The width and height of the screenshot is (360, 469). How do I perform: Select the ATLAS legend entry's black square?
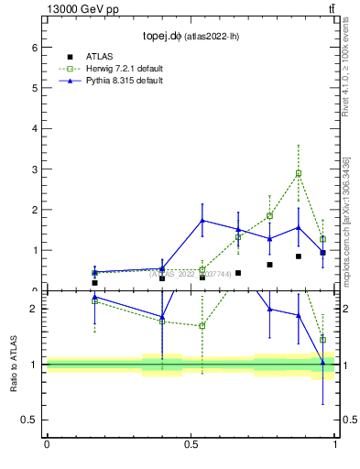(70, 57)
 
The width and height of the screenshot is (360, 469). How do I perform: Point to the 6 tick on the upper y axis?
(36, 48)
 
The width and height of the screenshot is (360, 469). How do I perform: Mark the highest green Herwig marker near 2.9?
(299, 173)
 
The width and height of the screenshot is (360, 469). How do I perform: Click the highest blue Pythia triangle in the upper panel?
(202, 220)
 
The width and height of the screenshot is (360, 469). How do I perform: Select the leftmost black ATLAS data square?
(94, 283)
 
